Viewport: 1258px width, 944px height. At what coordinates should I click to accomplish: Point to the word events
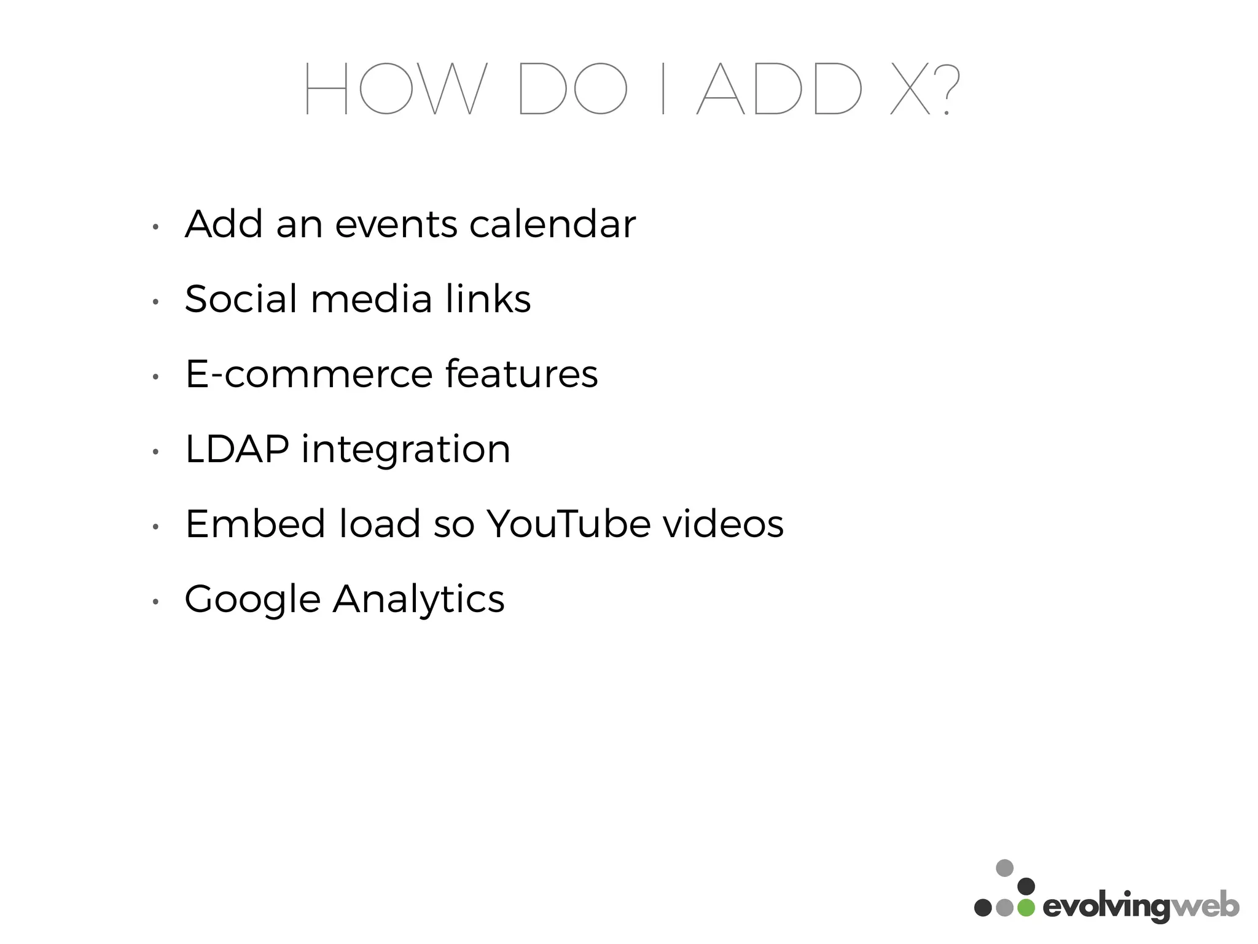point(396,225)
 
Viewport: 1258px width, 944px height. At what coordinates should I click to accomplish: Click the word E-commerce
point(309,374)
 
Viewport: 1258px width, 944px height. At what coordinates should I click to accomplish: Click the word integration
point(405,450)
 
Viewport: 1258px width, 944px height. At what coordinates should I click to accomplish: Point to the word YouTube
point(568,524)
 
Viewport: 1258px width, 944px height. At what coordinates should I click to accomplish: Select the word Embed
point(255,524)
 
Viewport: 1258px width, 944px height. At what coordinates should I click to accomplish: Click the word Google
point(252,600)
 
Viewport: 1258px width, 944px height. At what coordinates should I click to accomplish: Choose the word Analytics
point(418,600)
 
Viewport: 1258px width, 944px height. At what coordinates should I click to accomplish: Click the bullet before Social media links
point(156,302)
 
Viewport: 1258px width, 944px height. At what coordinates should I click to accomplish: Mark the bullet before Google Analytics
point(156,602)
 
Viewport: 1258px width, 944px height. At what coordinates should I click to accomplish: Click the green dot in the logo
point(1026,907)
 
